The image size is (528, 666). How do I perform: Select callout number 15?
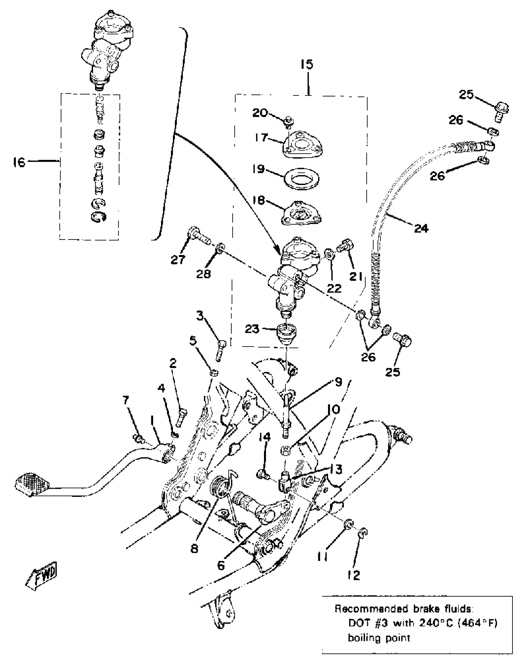307,65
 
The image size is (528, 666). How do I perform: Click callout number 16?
19,162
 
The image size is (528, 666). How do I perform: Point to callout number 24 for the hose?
421,229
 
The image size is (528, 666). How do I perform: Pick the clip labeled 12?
363,541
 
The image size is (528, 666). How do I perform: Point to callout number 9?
338,382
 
